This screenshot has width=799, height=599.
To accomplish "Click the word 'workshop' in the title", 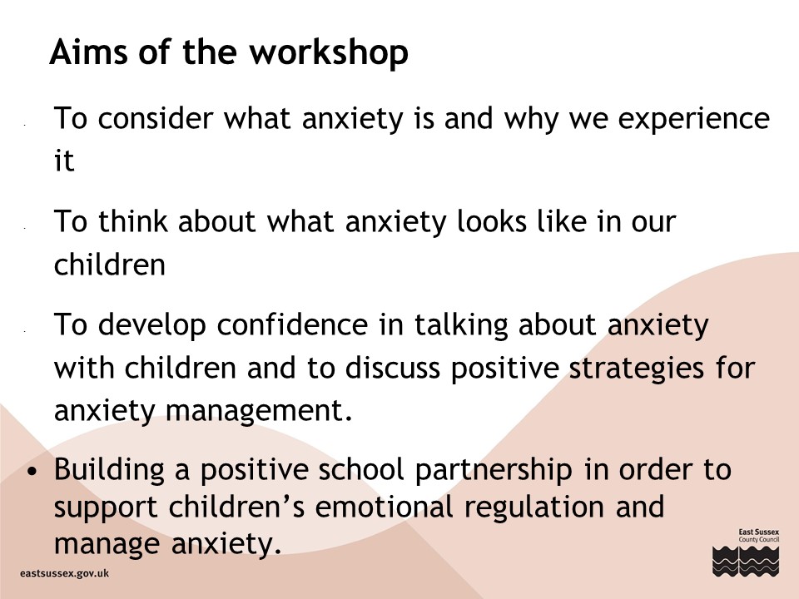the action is point(330,52).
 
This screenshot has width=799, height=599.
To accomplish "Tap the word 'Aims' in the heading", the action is point(88,52).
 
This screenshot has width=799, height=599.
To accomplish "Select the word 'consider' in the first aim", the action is point(156,118).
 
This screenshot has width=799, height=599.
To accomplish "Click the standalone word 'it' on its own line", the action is point(64,161).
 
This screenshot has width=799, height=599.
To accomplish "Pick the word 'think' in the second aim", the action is point(132,221).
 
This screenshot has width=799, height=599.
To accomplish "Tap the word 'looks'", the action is point(491,221).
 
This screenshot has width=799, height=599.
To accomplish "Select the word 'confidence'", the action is point(292,324).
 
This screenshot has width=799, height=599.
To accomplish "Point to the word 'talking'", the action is point(460,326).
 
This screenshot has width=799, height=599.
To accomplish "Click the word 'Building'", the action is point(109,470).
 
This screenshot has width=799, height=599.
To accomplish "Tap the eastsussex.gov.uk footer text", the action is point(65,573).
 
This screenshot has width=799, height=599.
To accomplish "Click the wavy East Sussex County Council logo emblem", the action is point(746,562).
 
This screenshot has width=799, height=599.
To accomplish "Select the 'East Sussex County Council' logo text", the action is point(759,535).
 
